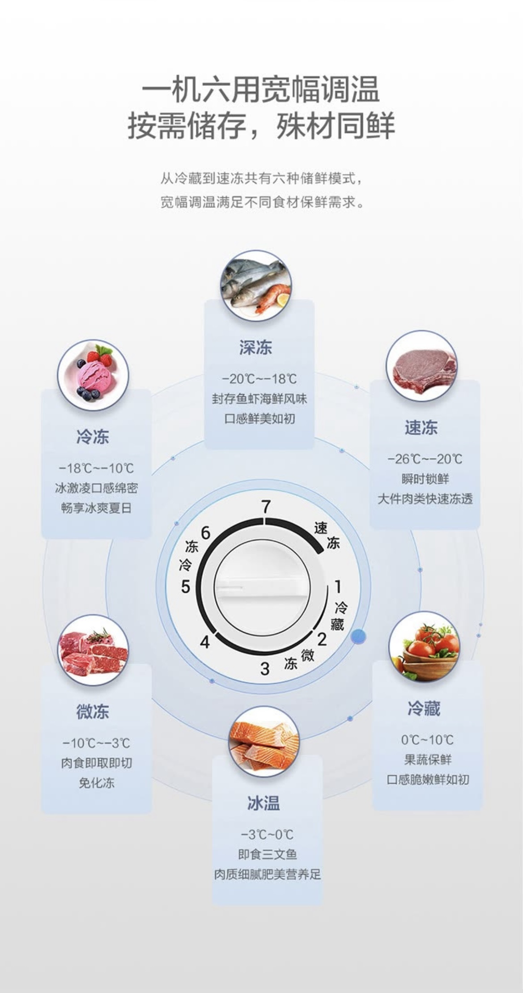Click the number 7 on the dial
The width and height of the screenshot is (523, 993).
(x=266, y=507)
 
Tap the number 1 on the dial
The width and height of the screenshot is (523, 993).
(x=338, y=586)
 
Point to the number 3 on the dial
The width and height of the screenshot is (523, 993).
(x=265, y=669)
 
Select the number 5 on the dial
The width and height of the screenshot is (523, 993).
(x=186, y=587)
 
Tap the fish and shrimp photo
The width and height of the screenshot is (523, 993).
(x=256, y=286)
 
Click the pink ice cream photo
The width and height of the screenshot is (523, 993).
(x=93, y=375)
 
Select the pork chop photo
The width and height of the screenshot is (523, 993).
(x=422, y=366)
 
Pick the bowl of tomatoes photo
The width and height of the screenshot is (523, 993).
(x=424, y=647)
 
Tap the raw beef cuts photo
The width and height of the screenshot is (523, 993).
(x=93, y=650)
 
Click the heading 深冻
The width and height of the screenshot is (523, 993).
(x=255, y=348)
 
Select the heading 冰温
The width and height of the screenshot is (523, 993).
(x=264, y=803)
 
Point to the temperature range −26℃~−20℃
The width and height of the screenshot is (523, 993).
(x=425, y=459)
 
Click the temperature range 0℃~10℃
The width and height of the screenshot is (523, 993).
(x=427, y=740)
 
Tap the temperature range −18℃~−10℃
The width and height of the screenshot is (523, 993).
(x=96, y=468)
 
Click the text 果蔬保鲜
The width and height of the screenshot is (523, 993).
(x=427, y=760)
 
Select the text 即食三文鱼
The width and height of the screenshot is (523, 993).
(x=267, y=855)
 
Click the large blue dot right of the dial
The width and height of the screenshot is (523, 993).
(x=358, y=636)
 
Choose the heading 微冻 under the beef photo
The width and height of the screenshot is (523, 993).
(x=93, y=712)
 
